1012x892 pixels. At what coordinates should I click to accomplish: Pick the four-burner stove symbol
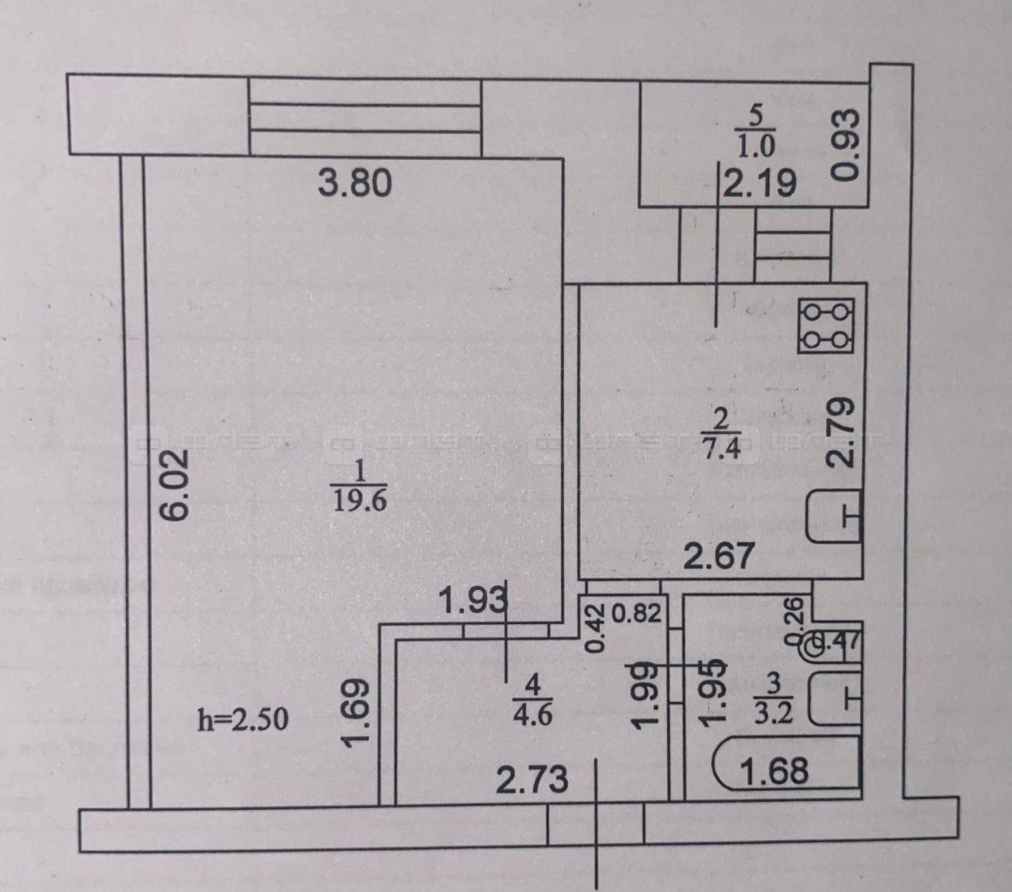pos(826,325)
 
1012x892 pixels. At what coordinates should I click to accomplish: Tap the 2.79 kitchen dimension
pos(841,433)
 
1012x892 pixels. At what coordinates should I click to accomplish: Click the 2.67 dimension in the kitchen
pos(719,555)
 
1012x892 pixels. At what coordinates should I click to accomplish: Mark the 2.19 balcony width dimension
pos(760,183)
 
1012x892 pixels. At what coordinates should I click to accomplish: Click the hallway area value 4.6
pos(532,714)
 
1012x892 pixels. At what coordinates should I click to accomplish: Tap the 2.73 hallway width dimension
pos(532,779)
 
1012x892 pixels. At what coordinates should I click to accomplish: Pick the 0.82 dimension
pos(637,613)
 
